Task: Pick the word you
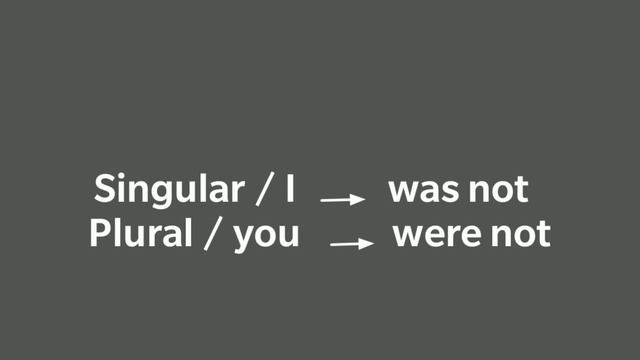266,237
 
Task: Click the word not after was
496,188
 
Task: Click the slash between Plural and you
211,235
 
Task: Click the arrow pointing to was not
342,199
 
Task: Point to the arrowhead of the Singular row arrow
359,199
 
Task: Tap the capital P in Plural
99,234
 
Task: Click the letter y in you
243,239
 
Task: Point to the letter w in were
406,236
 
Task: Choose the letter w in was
402,190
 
